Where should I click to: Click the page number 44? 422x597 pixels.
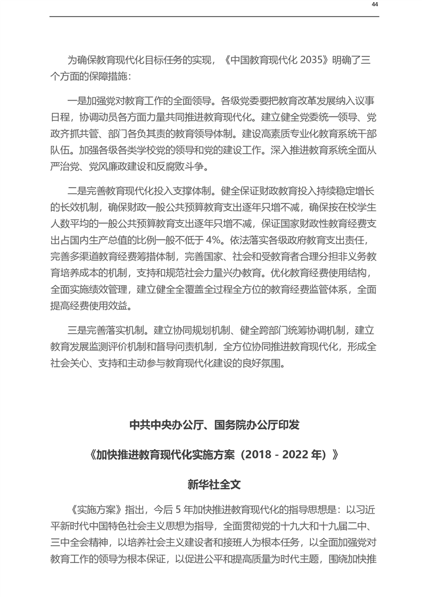[375, 4]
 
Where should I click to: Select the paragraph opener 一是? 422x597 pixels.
[76, 99]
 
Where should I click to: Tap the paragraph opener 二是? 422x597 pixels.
[76, 189]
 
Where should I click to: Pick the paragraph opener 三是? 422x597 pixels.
[76, 329]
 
